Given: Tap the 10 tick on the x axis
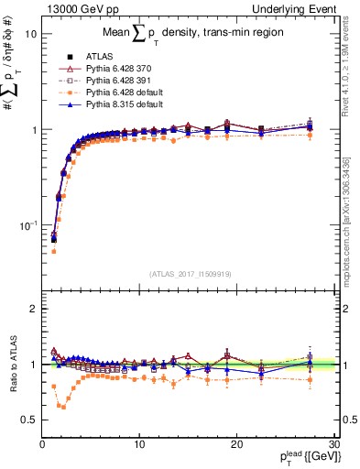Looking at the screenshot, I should click(x=139, y=444).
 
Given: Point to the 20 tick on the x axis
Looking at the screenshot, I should click(x=236, y=444).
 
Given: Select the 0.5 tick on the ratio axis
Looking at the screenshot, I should click(x=31, y=420).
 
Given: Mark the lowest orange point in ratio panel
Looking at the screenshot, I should click(x=63, y=406).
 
